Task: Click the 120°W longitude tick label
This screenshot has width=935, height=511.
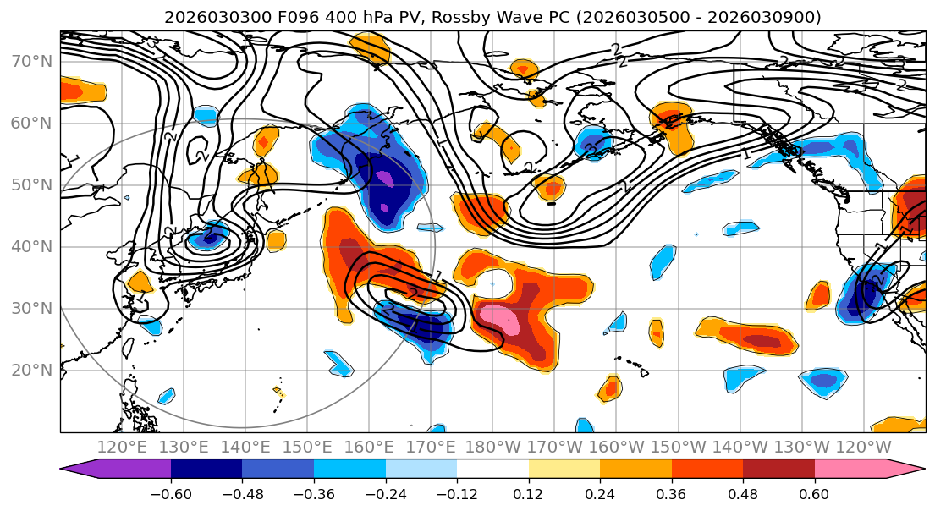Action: pos(863,447)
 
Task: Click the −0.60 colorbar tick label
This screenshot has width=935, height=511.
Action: pos(171,494)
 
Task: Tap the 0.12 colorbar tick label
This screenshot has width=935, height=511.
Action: pos(528,494)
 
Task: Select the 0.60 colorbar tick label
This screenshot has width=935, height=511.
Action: pos(814,494)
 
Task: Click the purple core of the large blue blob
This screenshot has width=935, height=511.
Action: pos(384,179)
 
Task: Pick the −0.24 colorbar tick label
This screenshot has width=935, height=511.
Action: pos(385,494)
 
